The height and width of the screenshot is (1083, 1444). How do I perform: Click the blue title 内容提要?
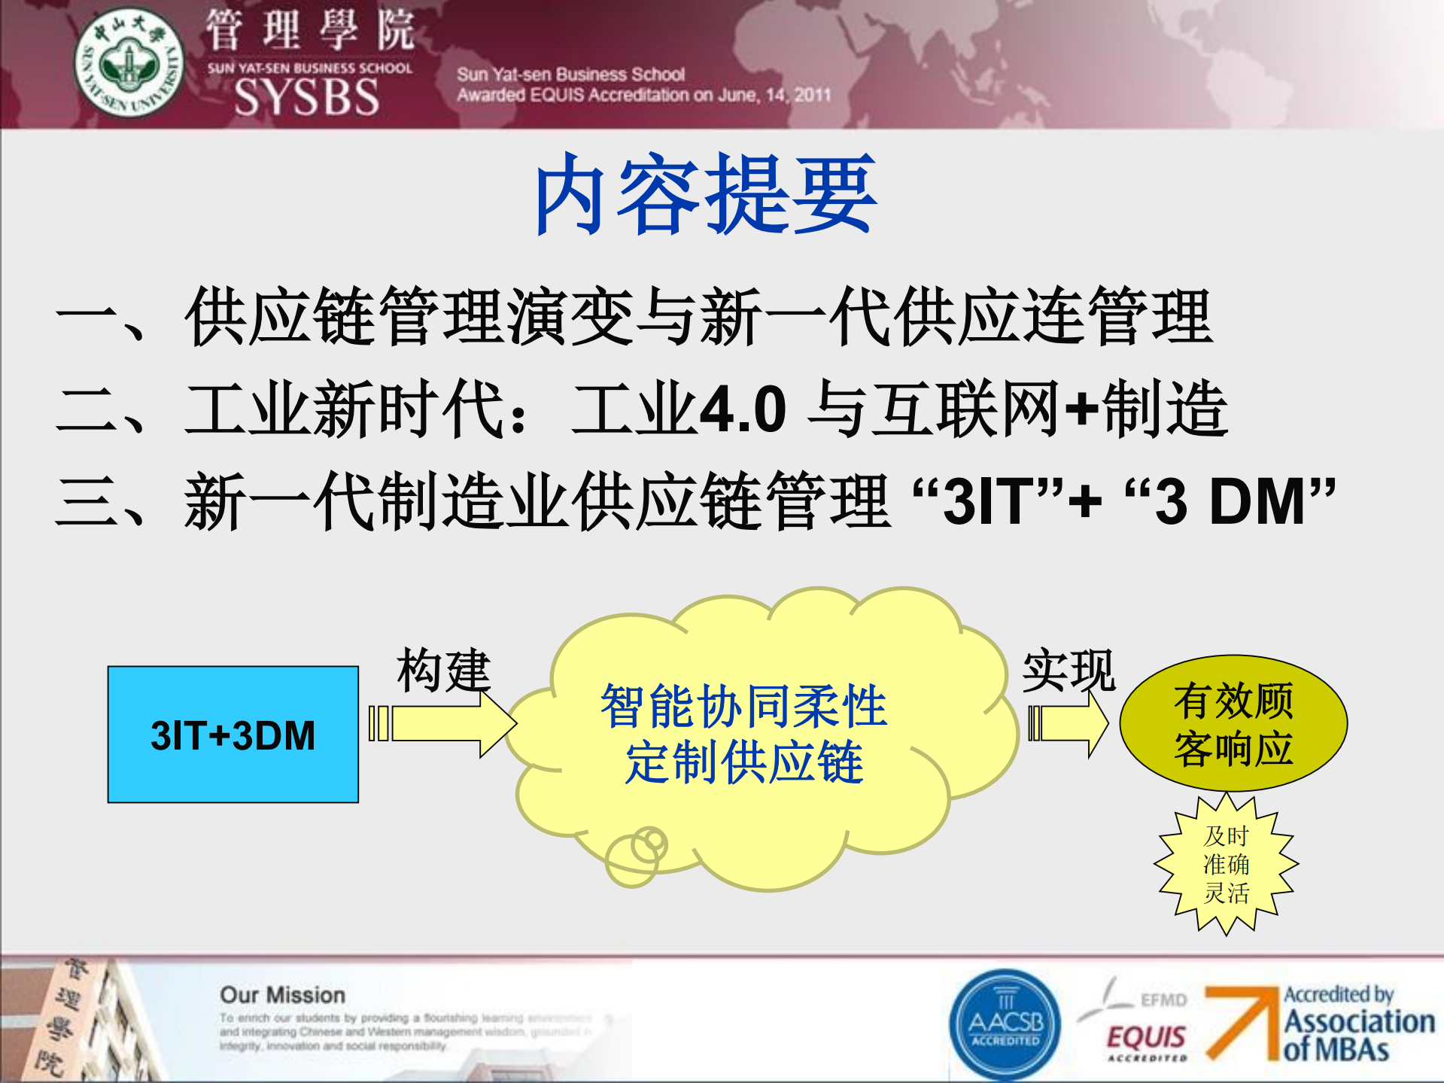pos(706,194)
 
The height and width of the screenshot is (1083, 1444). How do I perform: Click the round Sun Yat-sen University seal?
pos(129,63)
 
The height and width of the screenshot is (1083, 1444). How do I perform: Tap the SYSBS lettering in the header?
pos(307,98)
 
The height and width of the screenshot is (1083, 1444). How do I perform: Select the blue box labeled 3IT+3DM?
pos(233,735)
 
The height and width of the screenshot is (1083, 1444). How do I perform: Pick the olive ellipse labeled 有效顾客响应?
pos(1233,723)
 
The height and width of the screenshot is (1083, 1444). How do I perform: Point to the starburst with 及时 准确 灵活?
pos(1226,864)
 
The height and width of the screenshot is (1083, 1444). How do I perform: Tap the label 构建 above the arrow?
pos(444,670)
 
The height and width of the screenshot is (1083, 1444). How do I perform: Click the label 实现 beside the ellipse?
pos(1069,670)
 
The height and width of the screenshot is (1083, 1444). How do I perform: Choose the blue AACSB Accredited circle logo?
pos(1005,1024)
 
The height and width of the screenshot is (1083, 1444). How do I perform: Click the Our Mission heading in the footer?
pos(282,995)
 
